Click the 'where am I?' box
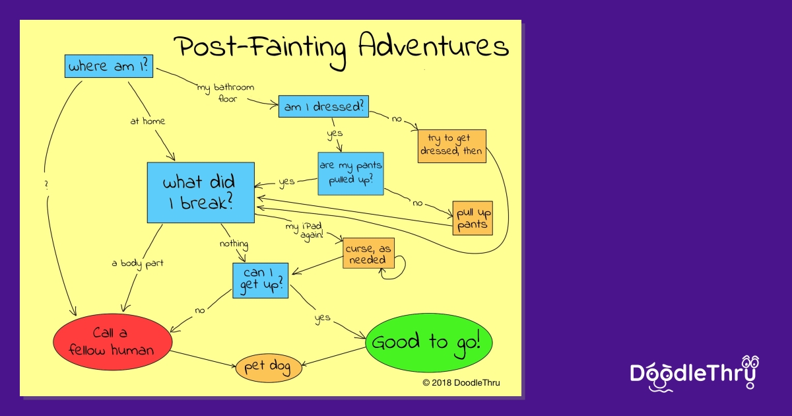(109, 66)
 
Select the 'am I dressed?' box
(323, 106)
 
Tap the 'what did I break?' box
(201, 193)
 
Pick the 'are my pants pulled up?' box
(350, 174)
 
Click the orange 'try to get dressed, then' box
(452, 146)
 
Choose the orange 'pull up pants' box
(473, 219)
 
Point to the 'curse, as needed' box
(368, 254)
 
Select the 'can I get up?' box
(261, 281)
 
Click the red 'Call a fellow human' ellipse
(112, 342)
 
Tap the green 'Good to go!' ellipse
(429, 343)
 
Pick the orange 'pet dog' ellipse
(269, 368)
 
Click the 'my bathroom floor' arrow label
(226, 92)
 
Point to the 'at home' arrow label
(147, 121)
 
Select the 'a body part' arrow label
(137, 263)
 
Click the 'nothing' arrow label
(234, 244)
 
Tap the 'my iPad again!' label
(304, 231)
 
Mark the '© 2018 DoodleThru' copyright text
(461, 382)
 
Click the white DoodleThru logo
(694, 374)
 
